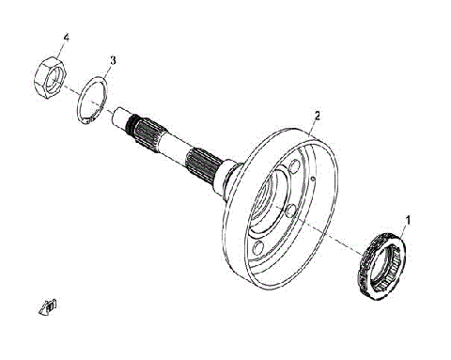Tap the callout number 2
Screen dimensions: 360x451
[318, 116]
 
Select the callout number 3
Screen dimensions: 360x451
[112, 60]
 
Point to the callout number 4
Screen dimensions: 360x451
[66, 38]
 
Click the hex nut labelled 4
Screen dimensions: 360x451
[50, 74]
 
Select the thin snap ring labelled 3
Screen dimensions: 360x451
[91, 100]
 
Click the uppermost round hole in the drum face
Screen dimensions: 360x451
[308, 175]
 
